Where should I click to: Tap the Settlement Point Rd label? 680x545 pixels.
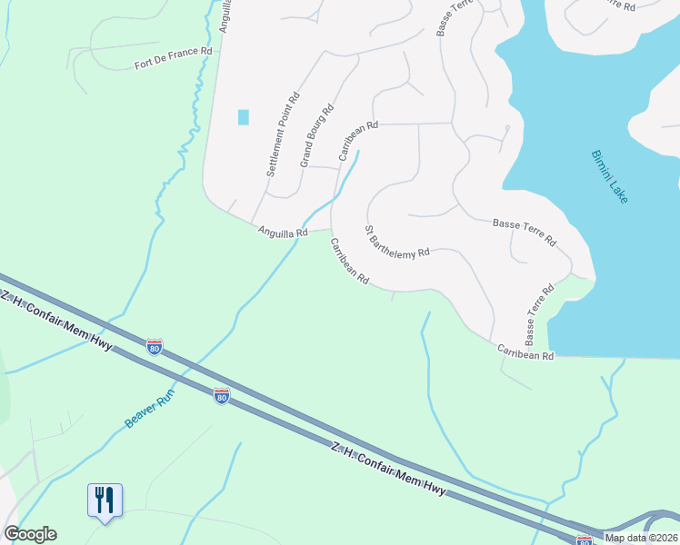[x=283, y=134]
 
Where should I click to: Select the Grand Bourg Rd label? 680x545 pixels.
[x=317, y=135]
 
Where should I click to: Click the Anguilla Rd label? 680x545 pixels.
[x=282, y=233]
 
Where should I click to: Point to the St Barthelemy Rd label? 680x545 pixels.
[x=396, y=243]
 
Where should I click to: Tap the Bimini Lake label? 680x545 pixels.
[x=609, y=176]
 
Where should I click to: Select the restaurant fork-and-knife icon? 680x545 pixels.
[x=105, y=499]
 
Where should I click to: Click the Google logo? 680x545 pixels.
[x=30, y=534]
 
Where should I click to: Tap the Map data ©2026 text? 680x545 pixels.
[x=640, y=538]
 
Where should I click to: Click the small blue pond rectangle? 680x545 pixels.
[x=243, y=116]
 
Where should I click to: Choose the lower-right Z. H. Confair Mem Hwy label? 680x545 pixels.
[x=388, y=469]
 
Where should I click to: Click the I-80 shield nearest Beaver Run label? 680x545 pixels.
[x=221, y=396]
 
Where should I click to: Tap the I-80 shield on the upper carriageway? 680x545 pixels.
[x=155, y=346]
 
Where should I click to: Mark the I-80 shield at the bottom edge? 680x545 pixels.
[x=585, y=540]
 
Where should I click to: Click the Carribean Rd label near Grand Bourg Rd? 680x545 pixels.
[x=358, y=141]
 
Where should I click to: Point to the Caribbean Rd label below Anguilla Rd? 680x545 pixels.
[x=349, y=261]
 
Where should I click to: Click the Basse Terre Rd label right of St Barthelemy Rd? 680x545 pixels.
[x=525, y=233]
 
